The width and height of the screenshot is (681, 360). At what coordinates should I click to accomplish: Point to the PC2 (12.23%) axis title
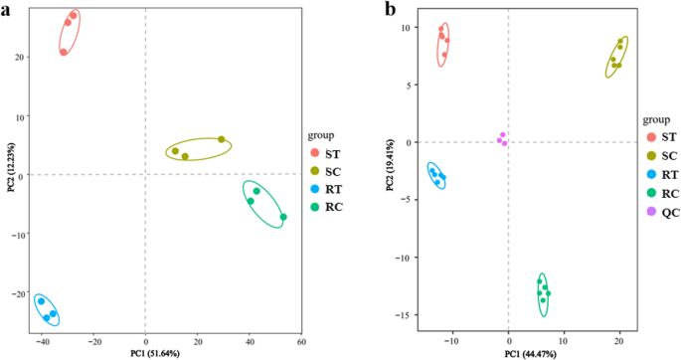coord(9,165)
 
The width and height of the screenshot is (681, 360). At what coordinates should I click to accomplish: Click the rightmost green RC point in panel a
coord(283,217)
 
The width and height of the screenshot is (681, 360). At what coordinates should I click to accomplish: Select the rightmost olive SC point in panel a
coord(222,139)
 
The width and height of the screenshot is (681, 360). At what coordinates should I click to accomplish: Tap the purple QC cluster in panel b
coord(502,139)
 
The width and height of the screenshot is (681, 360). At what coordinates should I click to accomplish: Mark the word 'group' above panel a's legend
coord(320,133)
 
